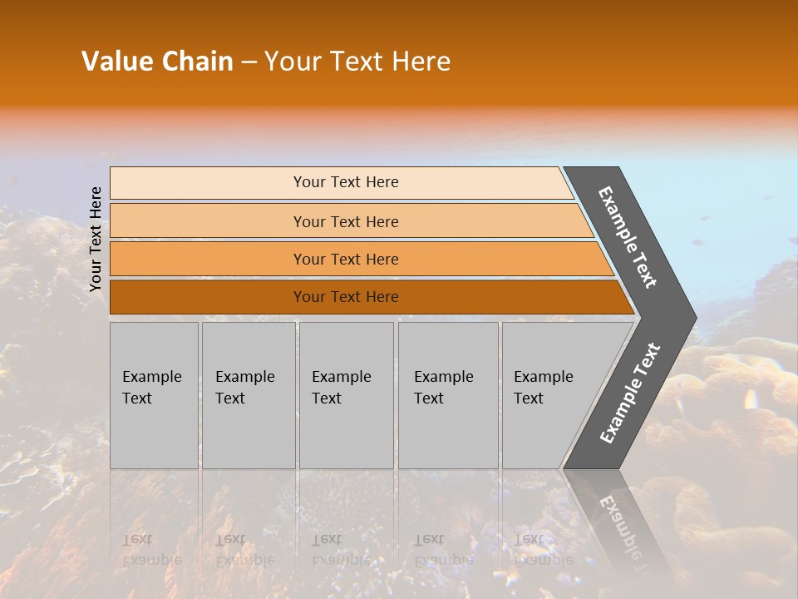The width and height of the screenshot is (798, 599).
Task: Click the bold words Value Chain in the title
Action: [157, 62]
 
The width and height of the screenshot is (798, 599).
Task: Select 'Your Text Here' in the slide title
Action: [357, 62]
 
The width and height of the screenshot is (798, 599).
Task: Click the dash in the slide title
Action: [249, 62]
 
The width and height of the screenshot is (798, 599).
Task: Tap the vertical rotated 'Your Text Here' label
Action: [96, 239]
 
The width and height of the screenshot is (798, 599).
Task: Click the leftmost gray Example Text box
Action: [154, 395]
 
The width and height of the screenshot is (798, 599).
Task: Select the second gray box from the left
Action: [249, 395]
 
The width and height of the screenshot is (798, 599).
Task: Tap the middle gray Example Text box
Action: [346, 395]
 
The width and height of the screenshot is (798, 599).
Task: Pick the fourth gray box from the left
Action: [448, 395]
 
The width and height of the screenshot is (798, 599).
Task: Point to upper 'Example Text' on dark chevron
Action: [628, 237]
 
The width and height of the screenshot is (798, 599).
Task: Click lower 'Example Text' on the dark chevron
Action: [630, 394]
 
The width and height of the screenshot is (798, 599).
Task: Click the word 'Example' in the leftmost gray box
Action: [151, 377]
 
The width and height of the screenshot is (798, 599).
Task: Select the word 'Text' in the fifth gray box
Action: [529, 399]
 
